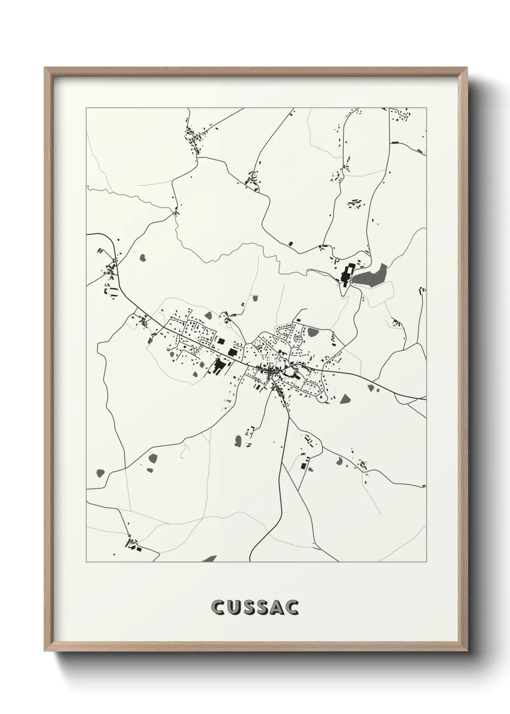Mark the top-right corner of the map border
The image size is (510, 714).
pos(426,108)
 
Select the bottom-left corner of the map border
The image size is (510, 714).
pos(86,562)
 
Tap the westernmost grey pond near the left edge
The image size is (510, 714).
pos(100,472)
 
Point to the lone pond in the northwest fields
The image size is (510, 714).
pos(143,258)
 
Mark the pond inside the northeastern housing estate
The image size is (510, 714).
pos(313,332)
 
